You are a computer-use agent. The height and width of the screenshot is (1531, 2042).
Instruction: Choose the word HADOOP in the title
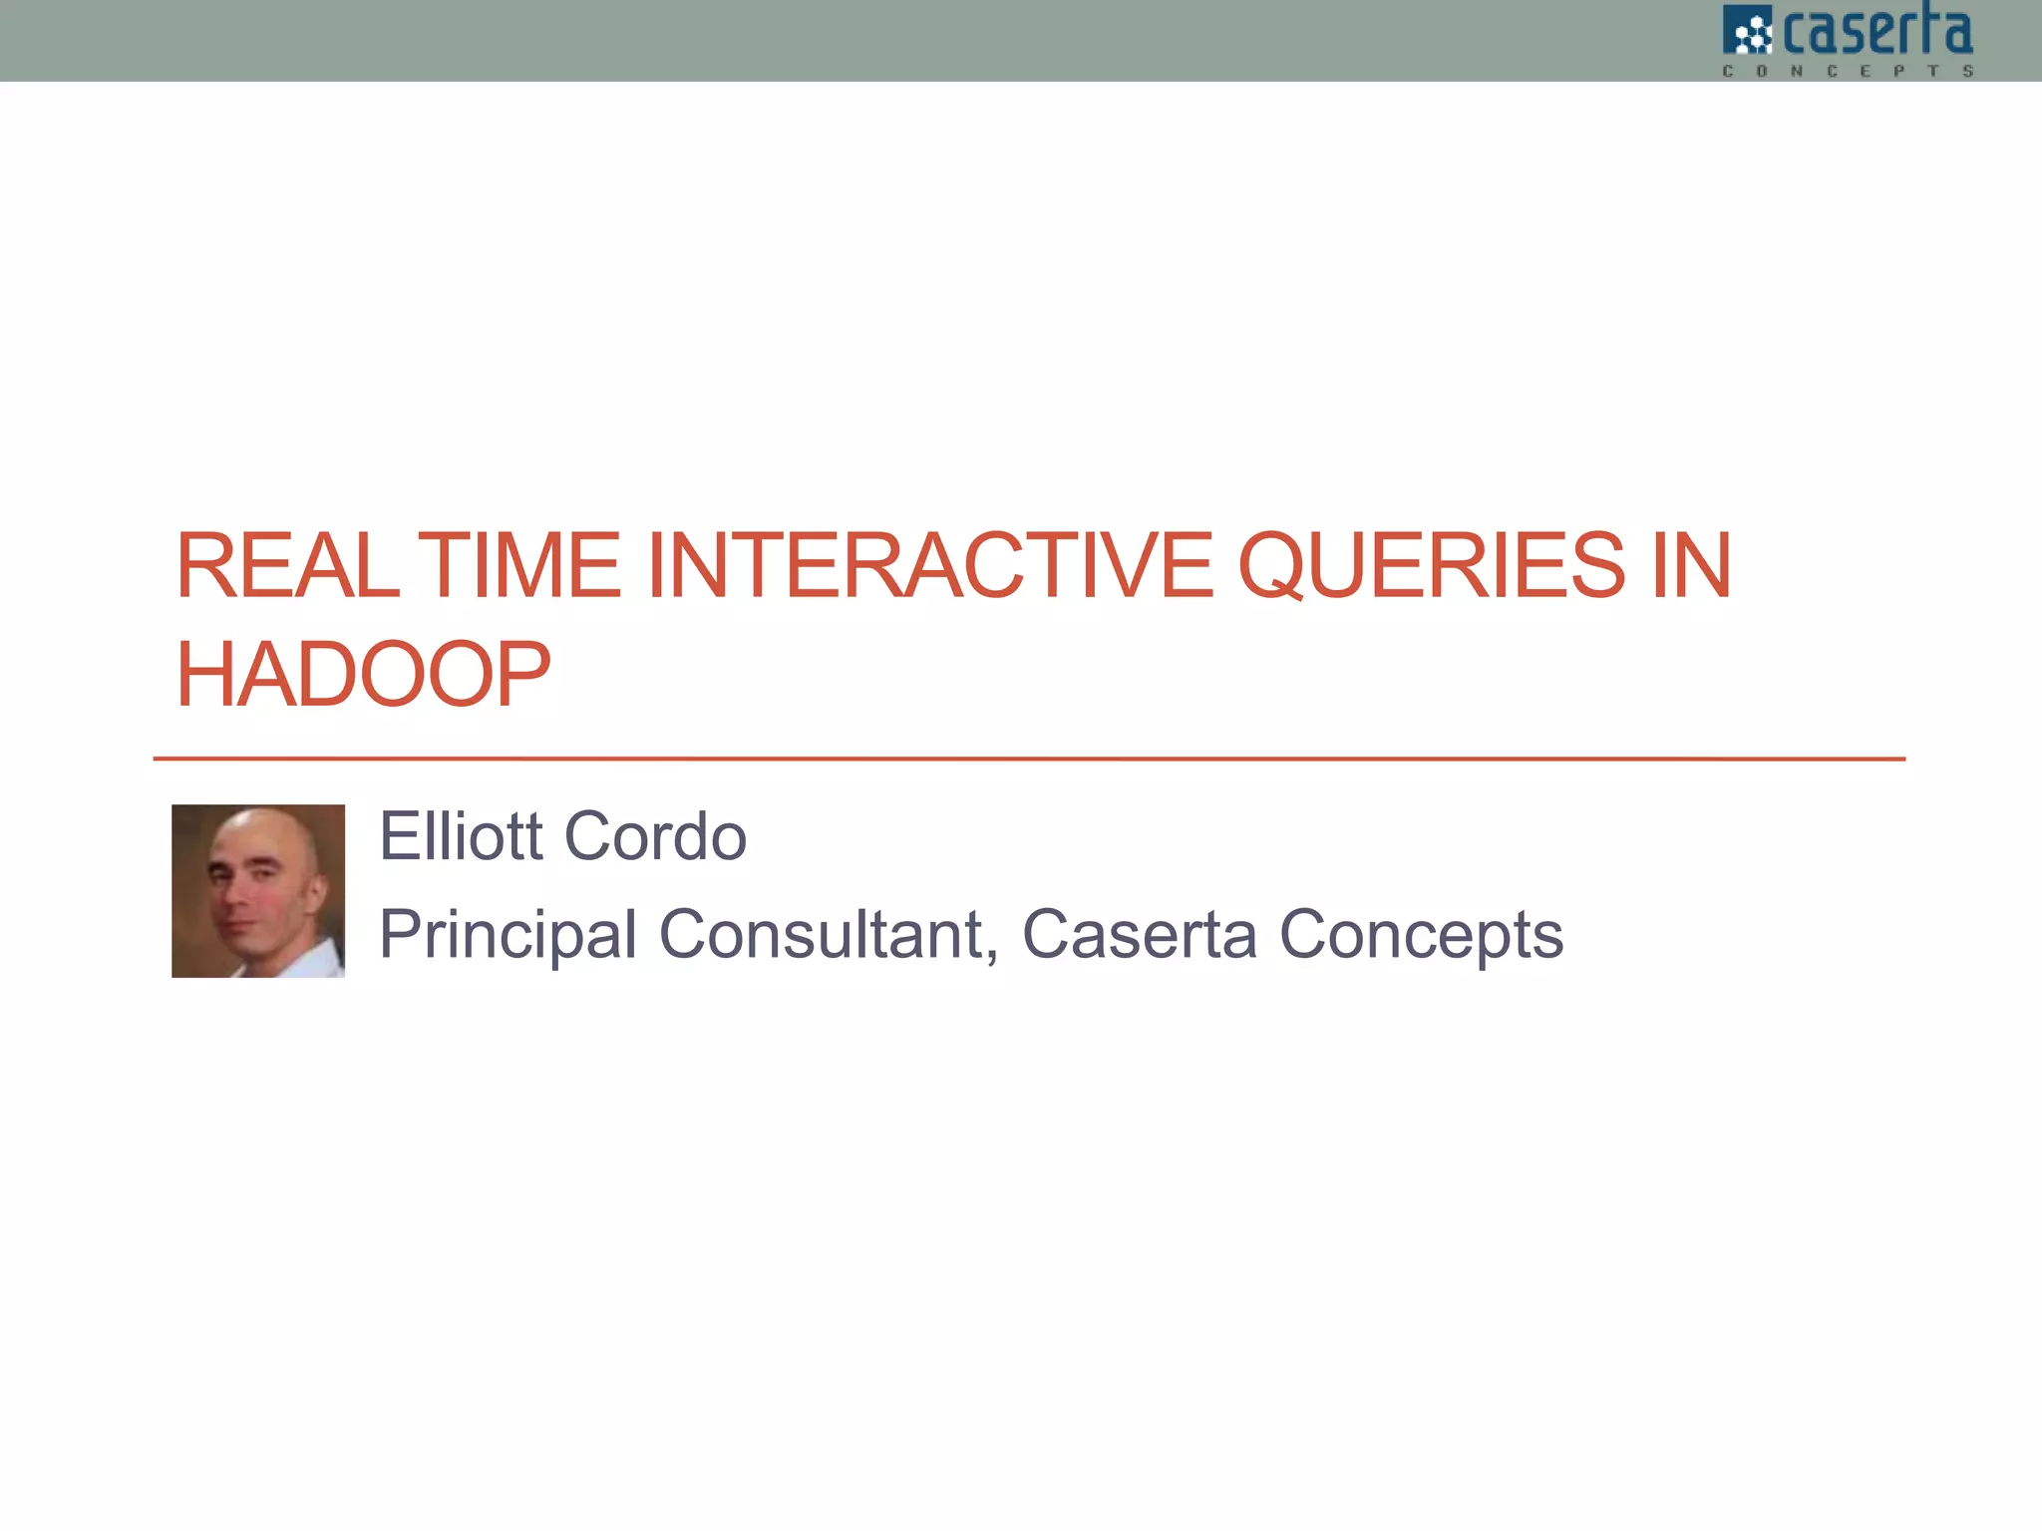[363, 675]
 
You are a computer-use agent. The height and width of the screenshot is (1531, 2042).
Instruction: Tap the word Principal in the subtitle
[508, 935]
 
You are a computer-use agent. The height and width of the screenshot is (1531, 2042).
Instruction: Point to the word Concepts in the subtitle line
[1421, 935]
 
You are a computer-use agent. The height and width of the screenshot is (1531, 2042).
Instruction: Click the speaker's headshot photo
[258, 890]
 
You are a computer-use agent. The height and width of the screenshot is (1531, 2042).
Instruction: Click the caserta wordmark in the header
[1876, 32]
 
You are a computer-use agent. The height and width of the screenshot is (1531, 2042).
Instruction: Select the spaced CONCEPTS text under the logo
[1848, 71]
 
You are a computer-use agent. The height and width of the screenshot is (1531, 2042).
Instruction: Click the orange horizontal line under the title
[1029, 759]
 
